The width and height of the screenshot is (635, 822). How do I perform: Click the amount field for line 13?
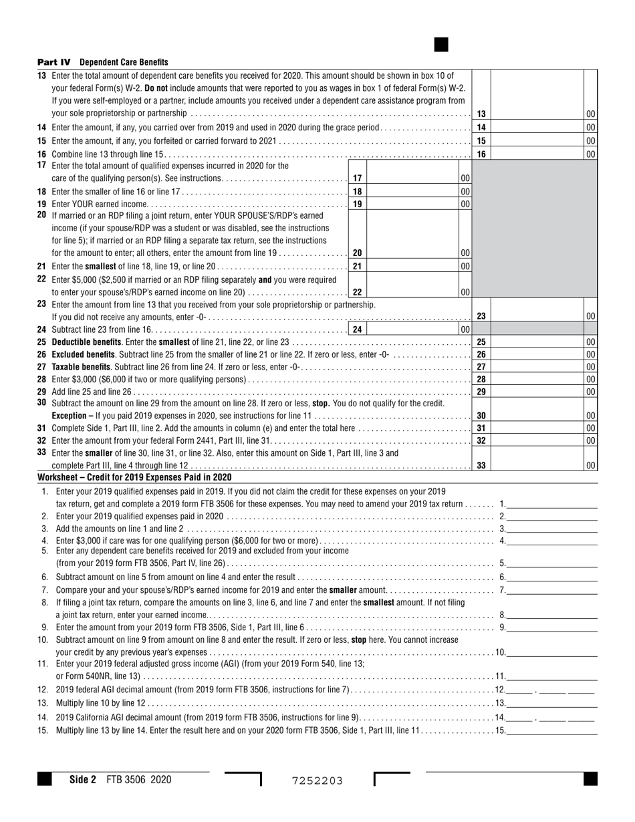537,114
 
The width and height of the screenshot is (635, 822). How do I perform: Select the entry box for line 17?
413,178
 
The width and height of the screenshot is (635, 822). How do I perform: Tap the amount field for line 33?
537,466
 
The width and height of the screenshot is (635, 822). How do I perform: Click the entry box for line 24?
413,329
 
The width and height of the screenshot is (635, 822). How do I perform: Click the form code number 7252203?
317,781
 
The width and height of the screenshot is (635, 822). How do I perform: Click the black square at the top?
441,45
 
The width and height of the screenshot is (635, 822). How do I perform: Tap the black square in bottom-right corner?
590,779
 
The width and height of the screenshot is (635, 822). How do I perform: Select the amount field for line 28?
537,379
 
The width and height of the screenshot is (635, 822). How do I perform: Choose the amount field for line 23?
537,316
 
